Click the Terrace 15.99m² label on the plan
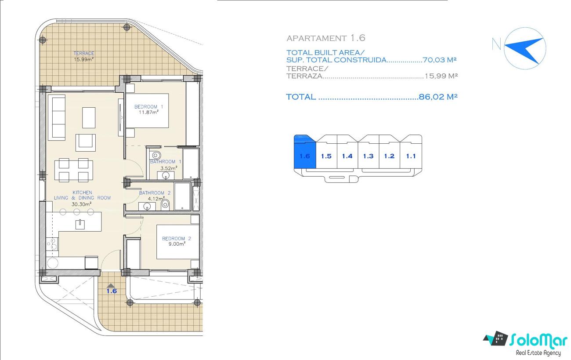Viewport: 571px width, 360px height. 84,56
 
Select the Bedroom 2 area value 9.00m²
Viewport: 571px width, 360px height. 177,244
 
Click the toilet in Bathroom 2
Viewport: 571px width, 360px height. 165,204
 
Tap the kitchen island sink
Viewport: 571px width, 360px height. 80,224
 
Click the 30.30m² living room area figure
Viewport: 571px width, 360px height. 82,204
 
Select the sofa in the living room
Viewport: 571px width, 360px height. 58,118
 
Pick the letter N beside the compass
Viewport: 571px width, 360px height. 496,44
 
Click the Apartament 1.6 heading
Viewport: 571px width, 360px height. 326,38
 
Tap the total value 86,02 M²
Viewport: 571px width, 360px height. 438,97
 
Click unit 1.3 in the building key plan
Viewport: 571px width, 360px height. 369,156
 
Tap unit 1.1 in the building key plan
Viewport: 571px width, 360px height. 411,156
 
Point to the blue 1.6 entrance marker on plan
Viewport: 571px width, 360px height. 112,289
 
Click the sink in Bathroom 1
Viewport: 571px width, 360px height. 166,175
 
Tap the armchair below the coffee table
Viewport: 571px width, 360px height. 85,142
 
